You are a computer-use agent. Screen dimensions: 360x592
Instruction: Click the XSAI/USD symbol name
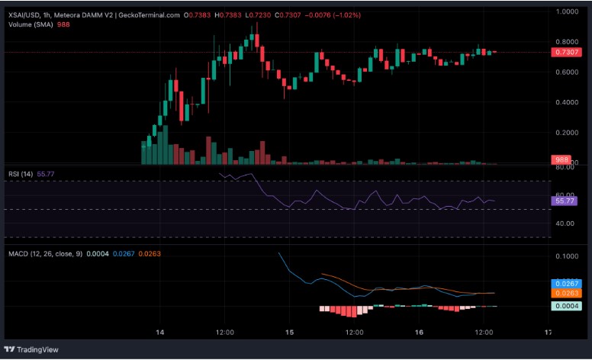tap(27, 14)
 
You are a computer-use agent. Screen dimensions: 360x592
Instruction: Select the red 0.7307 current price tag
tap(568, 52)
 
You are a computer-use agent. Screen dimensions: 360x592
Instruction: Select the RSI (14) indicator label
tap(21, 174)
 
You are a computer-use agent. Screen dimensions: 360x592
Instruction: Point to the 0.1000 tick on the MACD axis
tap(568, 256)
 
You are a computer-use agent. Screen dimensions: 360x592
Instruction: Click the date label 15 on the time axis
tap(289, 333)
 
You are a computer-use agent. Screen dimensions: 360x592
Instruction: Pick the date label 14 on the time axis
tap(160, 333)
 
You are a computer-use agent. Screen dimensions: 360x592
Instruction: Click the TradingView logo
tap(37, 349)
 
